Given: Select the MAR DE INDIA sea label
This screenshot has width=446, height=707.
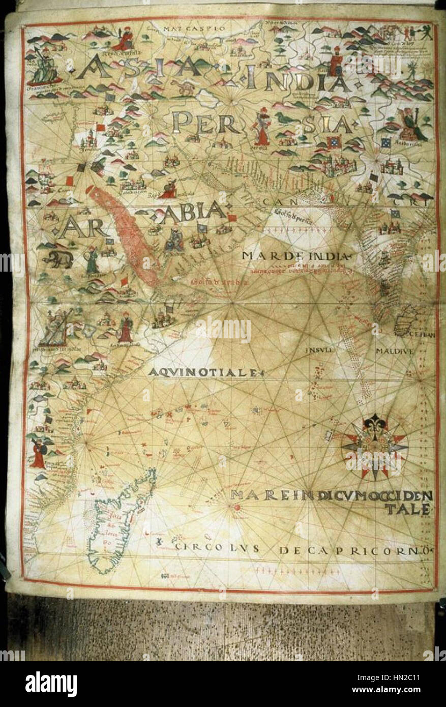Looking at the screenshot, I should tap(297, 255).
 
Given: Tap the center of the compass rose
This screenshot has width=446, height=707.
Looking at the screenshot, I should tap(375, 447).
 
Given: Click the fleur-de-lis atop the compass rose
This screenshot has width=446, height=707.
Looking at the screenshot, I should tap(376, 423).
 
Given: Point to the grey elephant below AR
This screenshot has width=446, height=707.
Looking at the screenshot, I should tap(58, 260).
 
